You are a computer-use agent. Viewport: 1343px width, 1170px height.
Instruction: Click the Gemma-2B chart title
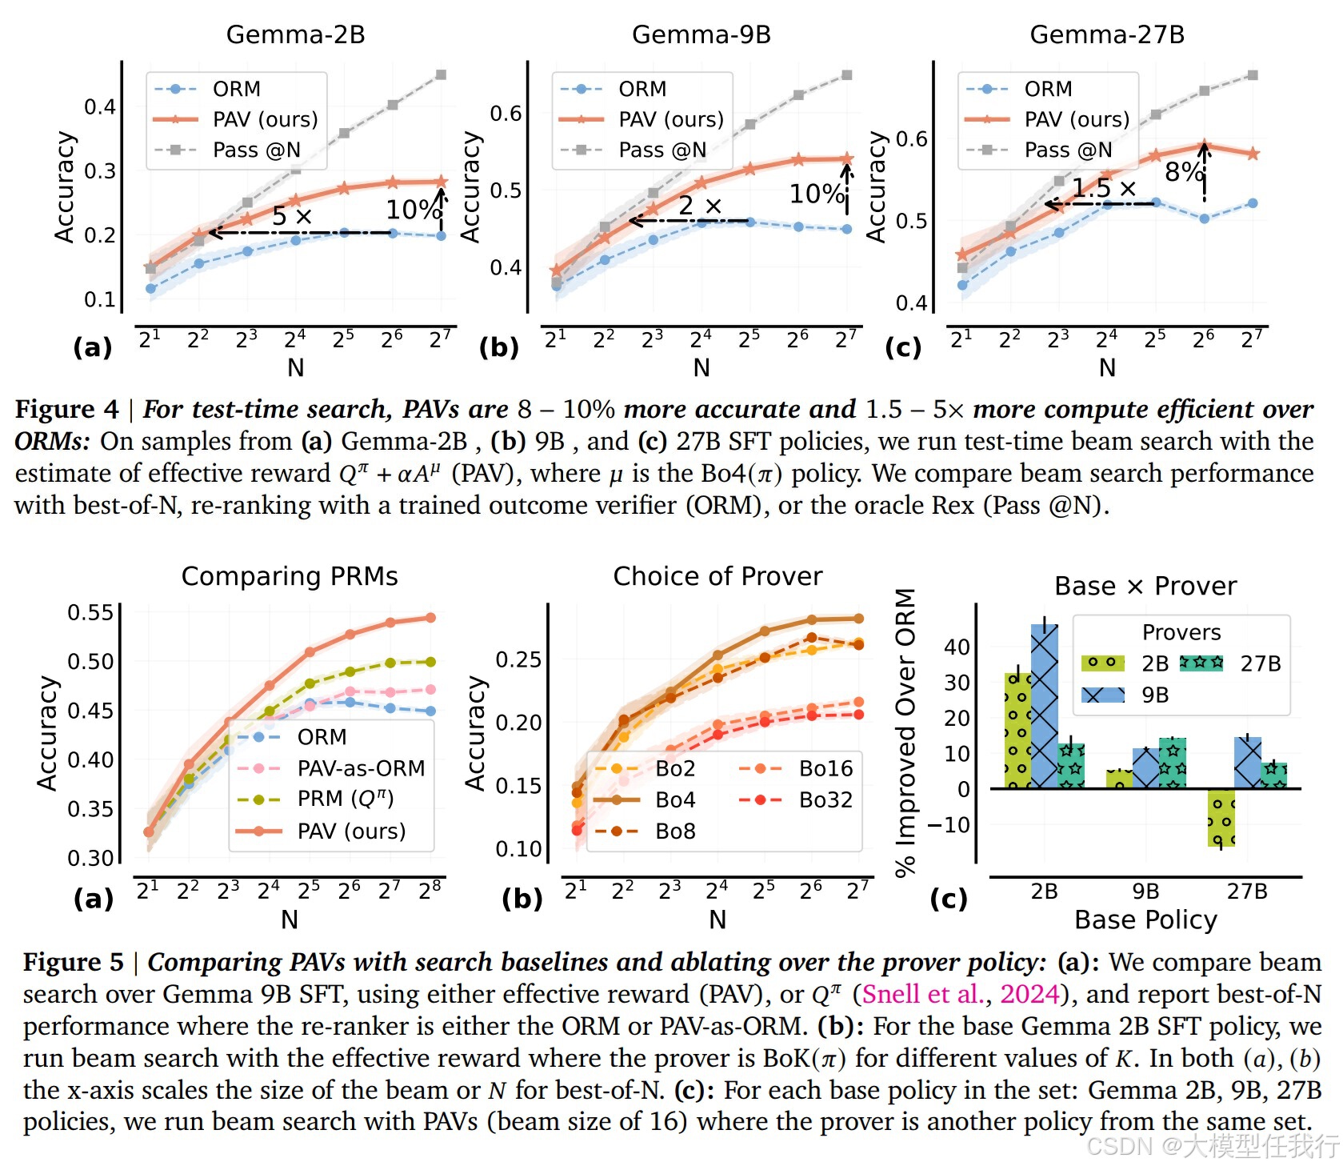tap(295, 34)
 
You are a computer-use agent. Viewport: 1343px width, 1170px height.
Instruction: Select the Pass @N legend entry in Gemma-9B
tap(662, 150)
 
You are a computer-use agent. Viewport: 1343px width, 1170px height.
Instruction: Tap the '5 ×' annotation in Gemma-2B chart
tap(291, 215)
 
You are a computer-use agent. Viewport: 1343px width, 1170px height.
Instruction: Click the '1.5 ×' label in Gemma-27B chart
tap(1104, 188)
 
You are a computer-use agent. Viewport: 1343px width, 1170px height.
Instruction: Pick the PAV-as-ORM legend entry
tap(360, 768)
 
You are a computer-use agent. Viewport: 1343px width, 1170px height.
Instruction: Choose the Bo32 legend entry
tap(825, 799)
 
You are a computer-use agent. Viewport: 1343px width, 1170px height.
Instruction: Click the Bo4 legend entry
tap(675, 799)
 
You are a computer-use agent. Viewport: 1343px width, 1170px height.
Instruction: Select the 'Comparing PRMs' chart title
tap(290, 576)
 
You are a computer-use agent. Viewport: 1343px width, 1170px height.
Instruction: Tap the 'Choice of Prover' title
tap(717, 576)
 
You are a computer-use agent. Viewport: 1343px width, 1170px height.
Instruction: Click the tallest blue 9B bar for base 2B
tap(1045, 704)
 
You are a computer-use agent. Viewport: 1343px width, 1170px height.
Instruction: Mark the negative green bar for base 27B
tap(1221, 817)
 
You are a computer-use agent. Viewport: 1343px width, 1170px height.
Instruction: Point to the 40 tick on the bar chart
tap(957, 647)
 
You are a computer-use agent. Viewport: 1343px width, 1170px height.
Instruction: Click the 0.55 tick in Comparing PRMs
tap(90, 613)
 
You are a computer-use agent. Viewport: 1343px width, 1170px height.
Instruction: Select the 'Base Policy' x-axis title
tap(1145, 920)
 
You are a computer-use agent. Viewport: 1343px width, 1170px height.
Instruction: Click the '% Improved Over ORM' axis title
tap(905, 732)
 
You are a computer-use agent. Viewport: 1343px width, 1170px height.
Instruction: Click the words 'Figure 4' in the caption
tap(66, 409)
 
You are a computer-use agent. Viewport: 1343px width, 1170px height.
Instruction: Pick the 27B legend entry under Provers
tap(1260, 663)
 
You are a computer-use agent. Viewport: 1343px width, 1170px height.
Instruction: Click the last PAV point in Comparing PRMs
tap(430, 618)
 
